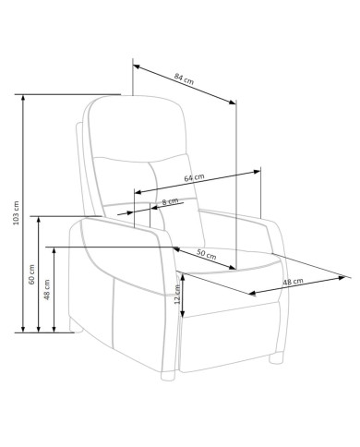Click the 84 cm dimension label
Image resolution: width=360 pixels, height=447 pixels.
pyautogui.click(x=184, y=79)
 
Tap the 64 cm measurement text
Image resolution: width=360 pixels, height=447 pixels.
pyautogui.click(x=194, y=177)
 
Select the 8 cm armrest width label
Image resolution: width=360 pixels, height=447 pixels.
pyautogui.click(x=170, y=201)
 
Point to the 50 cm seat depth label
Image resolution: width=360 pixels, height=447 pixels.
pyautogui.click(x=207, y=254)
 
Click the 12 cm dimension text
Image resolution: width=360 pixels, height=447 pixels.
pyautogui.click(x=177, y=295)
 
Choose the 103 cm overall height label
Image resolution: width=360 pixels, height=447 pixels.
pyautogui.click(x=16, y=212)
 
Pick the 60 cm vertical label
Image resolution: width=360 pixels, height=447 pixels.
pyautogui.click(x=31, y=274)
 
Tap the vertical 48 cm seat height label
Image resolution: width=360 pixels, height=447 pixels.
pyautogui.click(x=47, y=290)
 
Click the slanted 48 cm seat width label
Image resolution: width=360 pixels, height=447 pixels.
pyautogui.click(x=293, y=282)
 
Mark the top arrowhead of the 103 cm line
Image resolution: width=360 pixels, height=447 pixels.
pyautogui.click(x=23, y=98)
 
